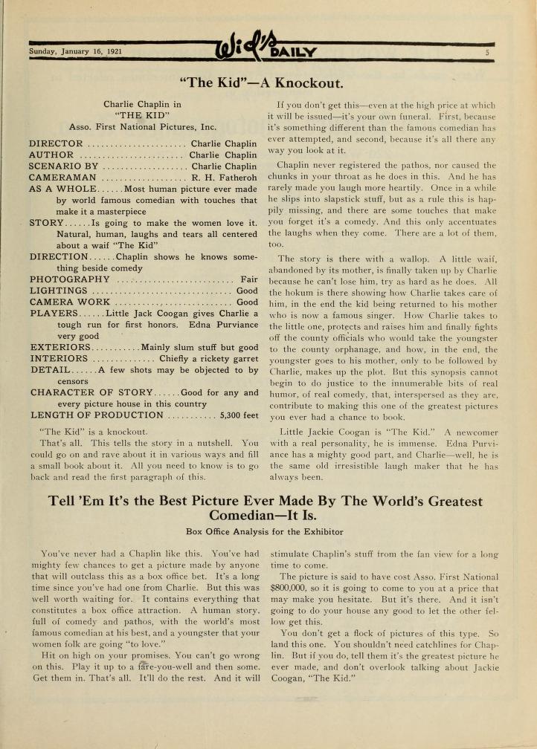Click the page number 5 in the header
[x=487, y=52]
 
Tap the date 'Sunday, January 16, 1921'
[x=75, y=51]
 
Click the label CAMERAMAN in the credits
[x=63, y=178]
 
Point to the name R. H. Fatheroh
[x=225, y=178]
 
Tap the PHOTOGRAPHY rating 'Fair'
[x=249, y=279]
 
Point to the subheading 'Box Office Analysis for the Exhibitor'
[x=268, y=531]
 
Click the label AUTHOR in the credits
[x=51, y=155]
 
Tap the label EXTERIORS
[x=60, y=347]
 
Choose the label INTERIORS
[x=60, y=359]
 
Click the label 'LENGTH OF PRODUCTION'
[x=96, y=416]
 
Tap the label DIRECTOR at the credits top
[x=56, y=143]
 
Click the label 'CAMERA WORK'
[x=70, y=302]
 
